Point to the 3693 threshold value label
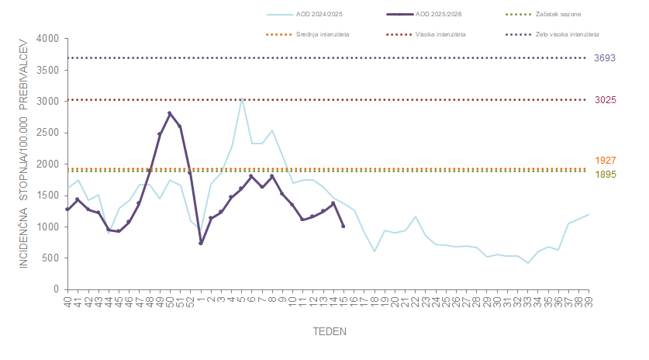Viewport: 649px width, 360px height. coord(605,58)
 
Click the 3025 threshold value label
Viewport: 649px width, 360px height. coord(605,100)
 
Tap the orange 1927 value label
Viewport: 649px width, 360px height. coord(605,161)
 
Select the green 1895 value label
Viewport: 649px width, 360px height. coord(605,175)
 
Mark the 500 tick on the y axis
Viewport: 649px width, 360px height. coord(50,258)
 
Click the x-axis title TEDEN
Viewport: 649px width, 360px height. coord(330,331)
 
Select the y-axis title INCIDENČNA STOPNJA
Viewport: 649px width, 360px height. coord(23,163)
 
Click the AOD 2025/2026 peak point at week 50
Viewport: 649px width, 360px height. coord(170,113)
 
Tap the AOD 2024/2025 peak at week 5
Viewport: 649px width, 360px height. coord(242,99)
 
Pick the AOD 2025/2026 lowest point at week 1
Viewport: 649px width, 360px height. coord(201,243)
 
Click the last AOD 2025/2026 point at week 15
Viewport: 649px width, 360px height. coord(343,227)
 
